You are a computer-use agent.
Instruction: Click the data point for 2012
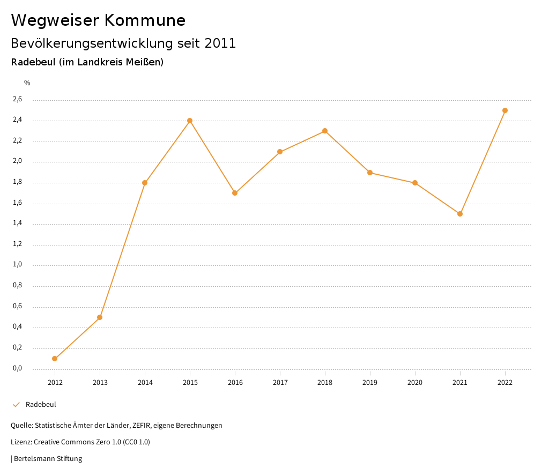click(x=55, y=359)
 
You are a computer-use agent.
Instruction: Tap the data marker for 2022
click(x=505, y=110)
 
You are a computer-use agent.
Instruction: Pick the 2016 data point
click(x=235, y=193)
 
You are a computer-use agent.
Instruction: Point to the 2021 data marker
click(x=460, y=214)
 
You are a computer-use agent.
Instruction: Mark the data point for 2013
click(x=100, y=317)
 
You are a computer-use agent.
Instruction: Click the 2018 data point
click(x=325, y=131)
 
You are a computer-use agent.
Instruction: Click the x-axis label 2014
click(x=145, y=383)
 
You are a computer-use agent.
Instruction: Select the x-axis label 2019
click(x=370, y=383)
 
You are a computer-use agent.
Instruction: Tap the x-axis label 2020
click(x=415, y=383)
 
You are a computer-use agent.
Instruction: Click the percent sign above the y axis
click(x=27, y=83)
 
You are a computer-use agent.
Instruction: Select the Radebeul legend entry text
click(x=41, y=405)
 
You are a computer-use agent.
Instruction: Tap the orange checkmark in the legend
click(x=16, y=405)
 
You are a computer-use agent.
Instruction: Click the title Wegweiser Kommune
click(x=98, y=20)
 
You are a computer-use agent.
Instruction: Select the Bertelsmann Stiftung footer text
click(x=48, y=459)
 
